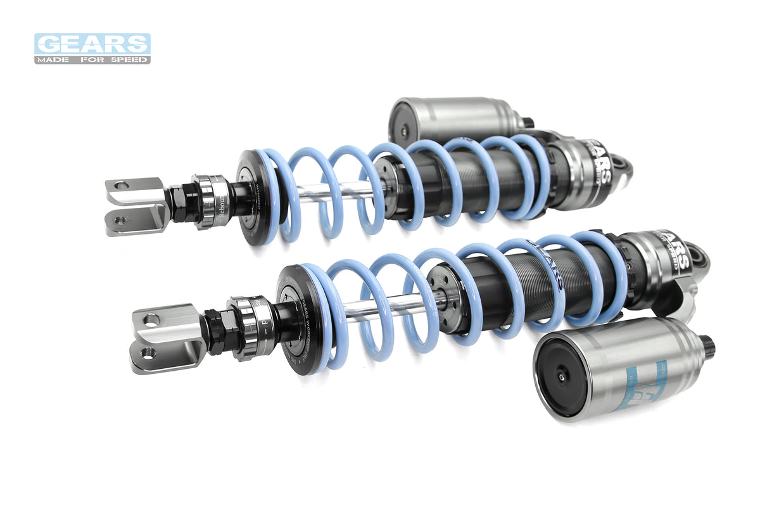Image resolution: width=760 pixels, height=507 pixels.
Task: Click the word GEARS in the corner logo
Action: (x=92, y=44)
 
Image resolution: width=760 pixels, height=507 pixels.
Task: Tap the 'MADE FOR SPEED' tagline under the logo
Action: (x=92, y=60)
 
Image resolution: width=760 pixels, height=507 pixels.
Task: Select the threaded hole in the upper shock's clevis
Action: (x=121, y=220)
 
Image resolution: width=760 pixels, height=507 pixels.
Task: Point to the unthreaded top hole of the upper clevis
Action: (x=121, y=186)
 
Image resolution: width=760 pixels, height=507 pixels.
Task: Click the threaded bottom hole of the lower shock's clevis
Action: (x=148, y=352)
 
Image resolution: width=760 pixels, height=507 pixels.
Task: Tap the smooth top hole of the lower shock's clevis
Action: (x=151, y=319)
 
